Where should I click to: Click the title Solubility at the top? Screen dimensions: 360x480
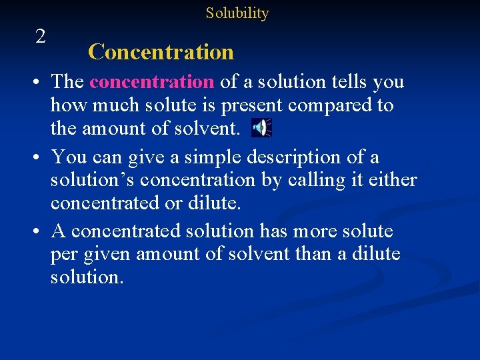[x=237, y=13]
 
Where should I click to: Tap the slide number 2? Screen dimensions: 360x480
[x=41, y=37]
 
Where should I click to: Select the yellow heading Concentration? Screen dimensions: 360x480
[x=161, y=52]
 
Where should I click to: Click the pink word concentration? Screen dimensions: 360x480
[x=151, y=82]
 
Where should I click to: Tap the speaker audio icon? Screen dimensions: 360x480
[x=261, y=127]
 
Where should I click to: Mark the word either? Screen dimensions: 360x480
[x=392, y=180]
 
